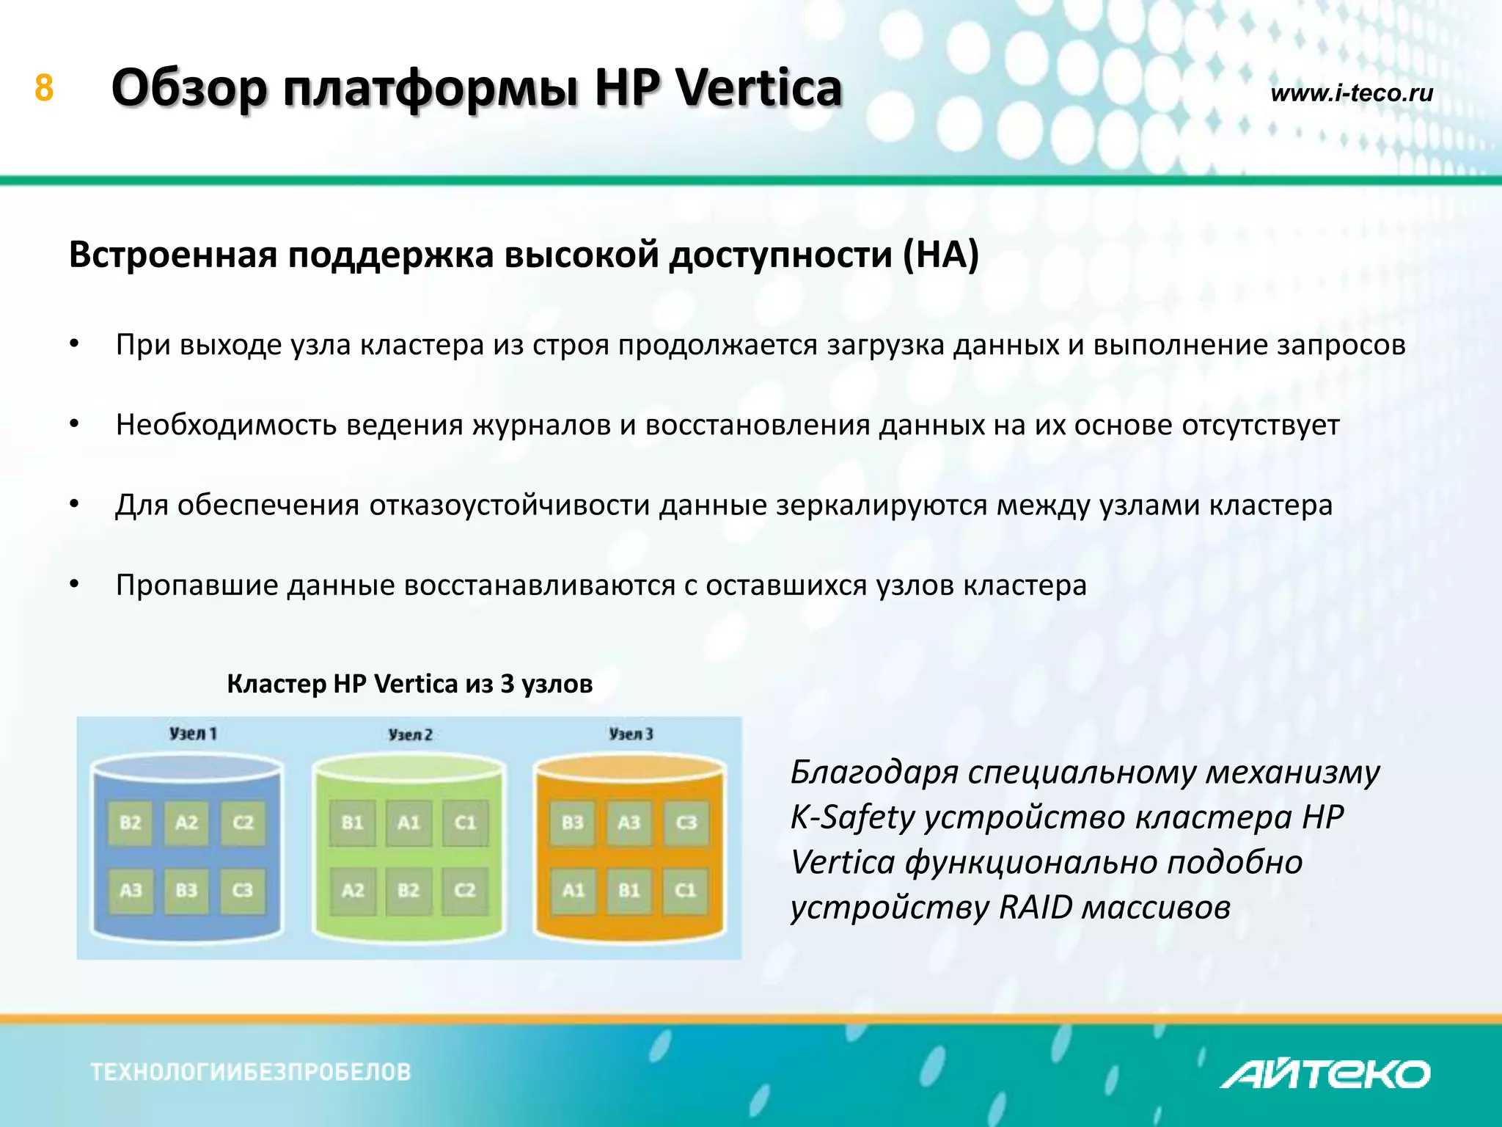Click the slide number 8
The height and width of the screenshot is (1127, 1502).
[x=44, y=88]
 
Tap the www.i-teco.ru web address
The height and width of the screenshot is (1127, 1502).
[x=1351, y=93]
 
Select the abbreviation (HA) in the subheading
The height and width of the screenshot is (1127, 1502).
[x=941, y=255]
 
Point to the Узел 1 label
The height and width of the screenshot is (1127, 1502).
[x=193, y=733]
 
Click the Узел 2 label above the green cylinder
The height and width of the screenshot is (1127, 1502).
[x=410, y=734]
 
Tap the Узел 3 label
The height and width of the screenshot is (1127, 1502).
[x=631, y=734]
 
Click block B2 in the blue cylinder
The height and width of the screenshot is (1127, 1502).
[x=131, y=823]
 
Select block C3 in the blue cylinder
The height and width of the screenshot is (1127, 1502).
[x=243, y=890]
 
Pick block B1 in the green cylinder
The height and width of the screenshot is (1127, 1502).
[x=353, y=823]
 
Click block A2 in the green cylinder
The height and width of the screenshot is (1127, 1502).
[x=353, y=890]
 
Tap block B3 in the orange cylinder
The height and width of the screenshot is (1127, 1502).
[x=573, y=823]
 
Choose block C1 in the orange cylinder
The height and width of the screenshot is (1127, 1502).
[x=685, y=890]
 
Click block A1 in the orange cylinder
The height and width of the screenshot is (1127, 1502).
[x=573, y=890]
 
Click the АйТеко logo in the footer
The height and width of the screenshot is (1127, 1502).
[x=1325, y=1074]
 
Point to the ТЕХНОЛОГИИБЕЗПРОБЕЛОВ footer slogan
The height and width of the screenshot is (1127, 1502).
[x=251, y=1072]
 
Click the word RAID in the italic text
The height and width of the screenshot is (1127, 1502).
[x=1036, y=908]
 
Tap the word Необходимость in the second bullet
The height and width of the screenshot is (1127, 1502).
[x=226, y=426]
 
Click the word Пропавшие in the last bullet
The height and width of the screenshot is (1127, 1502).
[x=197, y=586]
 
